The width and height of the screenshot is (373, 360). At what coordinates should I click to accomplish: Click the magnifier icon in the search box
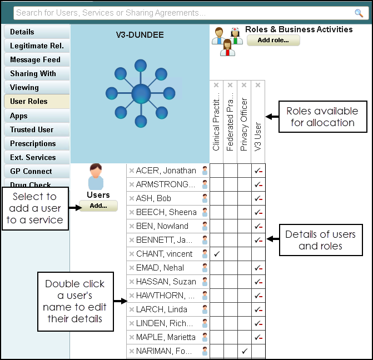pos(359,13)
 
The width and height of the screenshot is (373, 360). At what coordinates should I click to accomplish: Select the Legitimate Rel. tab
pos(37,46)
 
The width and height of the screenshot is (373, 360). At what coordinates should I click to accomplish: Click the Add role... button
pos(273,40)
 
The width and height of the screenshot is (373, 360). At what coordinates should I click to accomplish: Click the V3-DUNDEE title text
pos(140,35)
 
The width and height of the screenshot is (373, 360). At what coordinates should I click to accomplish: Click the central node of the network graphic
pos(141,94)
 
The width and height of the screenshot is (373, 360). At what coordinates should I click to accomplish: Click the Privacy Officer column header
pos(244,124)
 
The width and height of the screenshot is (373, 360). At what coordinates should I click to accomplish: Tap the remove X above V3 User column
pos(258,85)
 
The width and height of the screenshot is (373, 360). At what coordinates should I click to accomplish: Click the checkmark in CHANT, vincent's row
pos(217,254)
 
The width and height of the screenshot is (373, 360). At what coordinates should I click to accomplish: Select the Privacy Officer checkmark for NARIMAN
pos(244,351)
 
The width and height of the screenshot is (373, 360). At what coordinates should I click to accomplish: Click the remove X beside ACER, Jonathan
pos(132,171)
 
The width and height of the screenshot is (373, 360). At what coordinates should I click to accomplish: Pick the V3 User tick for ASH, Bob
pos(258,198)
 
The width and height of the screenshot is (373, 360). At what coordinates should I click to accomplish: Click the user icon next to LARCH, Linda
pos(205,309)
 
